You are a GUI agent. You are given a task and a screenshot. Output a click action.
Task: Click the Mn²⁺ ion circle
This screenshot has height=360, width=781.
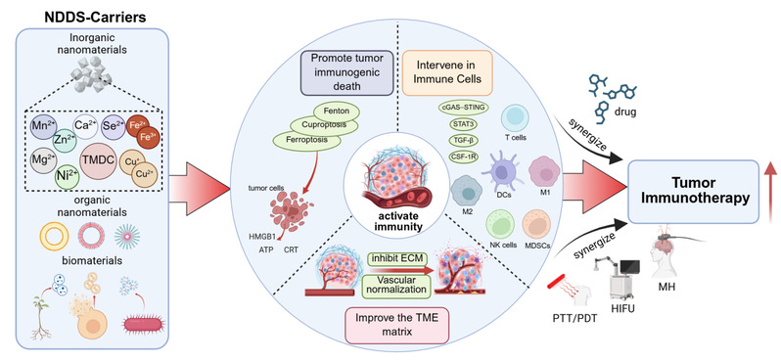[44, 127]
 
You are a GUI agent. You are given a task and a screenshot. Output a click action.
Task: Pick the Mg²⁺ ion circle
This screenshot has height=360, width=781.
[43, 161]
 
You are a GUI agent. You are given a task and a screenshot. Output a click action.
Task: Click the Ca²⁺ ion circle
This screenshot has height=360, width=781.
[85, 126]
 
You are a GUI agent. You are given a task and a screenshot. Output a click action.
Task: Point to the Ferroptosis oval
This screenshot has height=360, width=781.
[306, 140]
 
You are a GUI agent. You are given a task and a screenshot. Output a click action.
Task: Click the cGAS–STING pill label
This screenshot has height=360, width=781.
[463, 107]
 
